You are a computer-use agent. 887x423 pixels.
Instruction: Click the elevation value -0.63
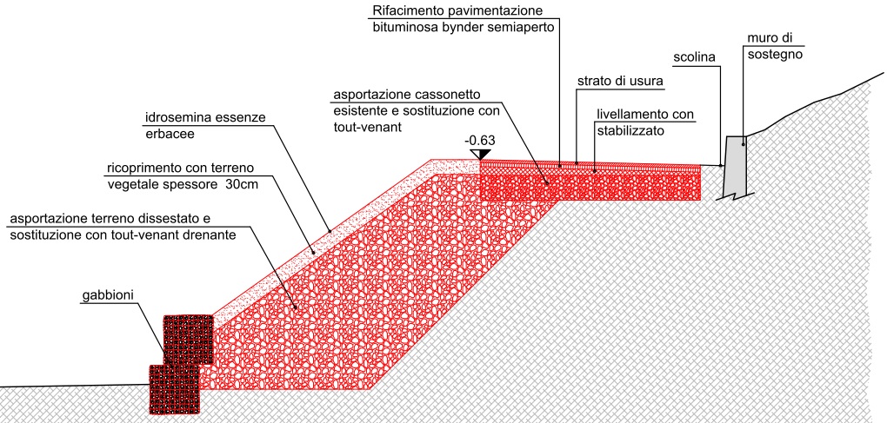click(x=481, y=140)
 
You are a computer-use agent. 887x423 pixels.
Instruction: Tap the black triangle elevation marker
click(x=478, y=155)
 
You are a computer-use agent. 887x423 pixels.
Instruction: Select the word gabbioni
click(x=108, y=297)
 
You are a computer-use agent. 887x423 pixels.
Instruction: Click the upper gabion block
click(x=189, y=339)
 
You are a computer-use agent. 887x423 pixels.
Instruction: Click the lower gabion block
click(x=174, y=387)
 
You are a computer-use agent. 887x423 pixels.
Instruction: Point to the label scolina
click(x=694, y=58)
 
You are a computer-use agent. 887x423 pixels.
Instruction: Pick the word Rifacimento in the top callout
click(x=408, y=11)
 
